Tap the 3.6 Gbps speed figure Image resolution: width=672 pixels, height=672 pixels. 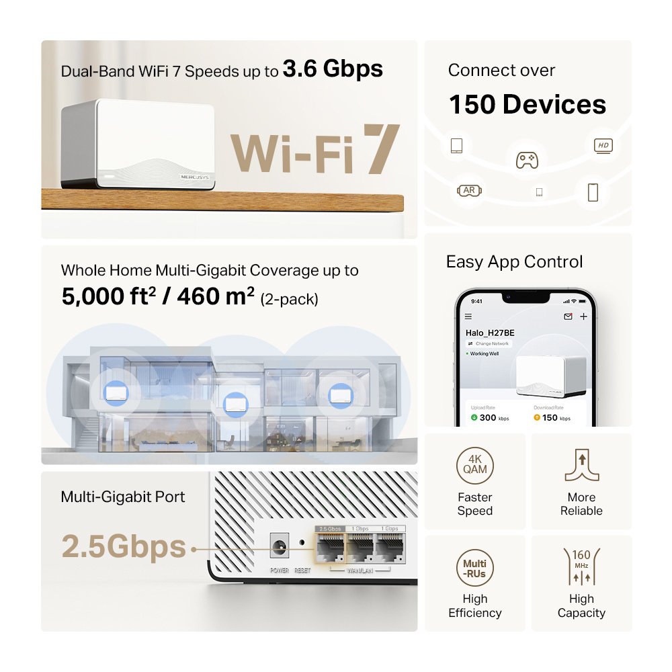[x=333, y=69]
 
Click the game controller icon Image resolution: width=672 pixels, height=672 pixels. [x=526, y=160]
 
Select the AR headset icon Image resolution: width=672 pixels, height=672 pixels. [x=469, y=191]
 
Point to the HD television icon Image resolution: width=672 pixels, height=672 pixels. [x=602, y=146]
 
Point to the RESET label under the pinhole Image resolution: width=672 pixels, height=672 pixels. [x=302, y=571]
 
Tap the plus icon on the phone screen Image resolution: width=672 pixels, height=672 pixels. [x=583, y=317]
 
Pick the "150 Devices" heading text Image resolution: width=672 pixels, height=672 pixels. [x=527, y=105]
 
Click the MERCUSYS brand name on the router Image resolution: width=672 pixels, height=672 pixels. [x=196, y=177]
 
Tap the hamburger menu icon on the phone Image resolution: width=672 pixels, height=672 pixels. [x=468, y=317]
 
